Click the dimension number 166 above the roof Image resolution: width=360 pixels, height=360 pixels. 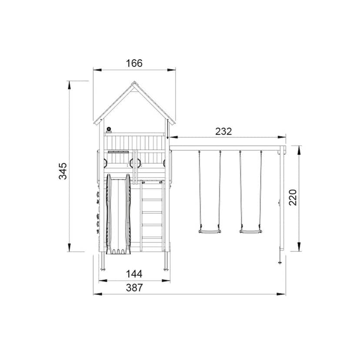[134, 63]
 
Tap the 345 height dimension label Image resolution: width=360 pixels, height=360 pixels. [63, 171]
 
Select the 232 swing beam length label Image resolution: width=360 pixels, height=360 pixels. [223, 131]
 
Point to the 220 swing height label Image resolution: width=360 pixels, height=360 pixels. [293, 198]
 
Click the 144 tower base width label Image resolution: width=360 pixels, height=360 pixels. [134, 274]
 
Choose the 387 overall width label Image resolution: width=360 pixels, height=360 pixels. [134, 287]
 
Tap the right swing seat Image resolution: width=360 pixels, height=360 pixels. [250, 231]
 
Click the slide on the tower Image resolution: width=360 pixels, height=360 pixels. [118, 213]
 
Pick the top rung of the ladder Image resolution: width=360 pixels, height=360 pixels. [152, 188]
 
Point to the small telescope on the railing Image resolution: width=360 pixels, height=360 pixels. [109, 129]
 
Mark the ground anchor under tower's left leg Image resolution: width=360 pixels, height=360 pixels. [103, 269]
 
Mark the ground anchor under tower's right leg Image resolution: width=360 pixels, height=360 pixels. [166, 269]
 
